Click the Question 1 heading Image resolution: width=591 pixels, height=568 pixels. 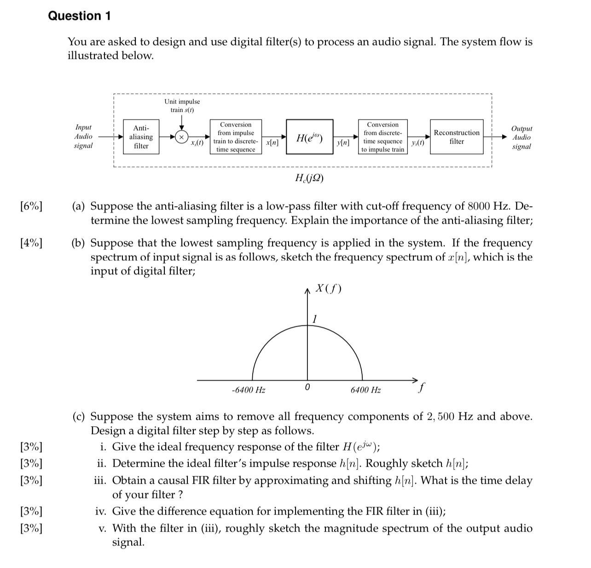[x=79, y=16]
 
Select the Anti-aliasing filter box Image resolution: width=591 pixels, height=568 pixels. [x=141, y=137]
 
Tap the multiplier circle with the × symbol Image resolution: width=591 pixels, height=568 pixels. [x=181, y=137]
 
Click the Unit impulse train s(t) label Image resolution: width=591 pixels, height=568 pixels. [x=182, y=105]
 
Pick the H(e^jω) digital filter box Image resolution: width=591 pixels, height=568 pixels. [x=309, y=137]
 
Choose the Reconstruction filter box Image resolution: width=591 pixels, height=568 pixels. [x=457, y=137]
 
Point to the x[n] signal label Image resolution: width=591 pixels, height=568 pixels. [x=272, y=143]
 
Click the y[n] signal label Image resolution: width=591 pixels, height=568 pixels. [x=343, y=143]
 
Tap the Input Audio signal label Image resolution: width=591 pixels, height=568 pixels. [x=83, y=136]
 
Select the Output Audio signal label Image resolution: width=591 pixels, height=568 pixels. [x=521, y=137]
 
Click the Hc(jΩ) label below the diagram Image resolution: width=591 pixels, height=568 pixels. [x=308, y=178]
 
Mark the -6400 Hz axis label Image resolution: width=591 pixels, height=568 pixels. [x=249, y=390]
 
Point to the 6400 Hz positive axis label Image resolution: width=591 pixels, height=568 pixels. [x=365, y=390]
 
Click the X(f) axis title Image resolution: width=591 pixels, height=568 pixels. [x=328, y=289]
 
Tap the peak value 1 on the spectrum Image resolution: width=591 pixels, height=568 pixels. [x=315, y=319]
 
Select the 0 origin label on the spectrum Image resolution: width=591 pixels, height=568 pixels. [x=307, y=388]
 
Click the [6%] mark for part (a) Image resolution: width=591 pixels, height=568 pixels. [x=31, y=206]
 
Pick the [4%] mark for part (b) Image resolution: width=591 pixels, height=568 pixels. [x=31, y=243]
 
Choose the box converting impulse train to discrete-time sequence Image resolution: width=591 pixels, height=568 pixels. [x=236, y=137]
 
